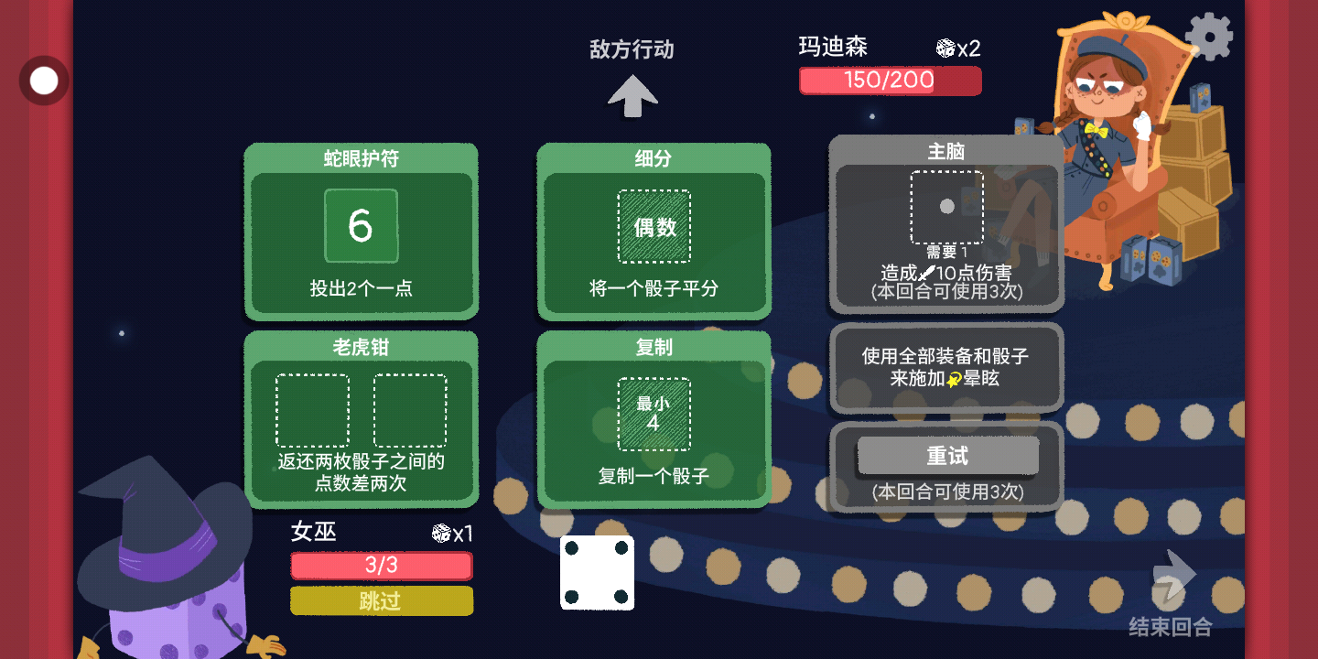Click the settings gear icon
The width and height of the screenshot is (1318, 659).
(1209, 37)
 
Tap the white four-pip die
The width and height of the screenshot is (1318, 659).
(597, 573)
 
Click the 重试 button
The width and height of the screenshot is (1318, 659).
(947, 456)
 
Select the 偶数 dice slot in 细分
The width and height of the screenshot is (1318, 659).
(654, 227)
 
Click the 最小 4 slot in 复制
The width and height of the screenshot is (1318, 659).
(654, 415)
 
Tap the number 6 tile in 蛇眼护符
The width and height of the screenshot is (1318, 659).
(361, 226)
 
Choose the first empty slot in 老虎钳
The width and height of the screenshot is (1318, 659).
(312, 410)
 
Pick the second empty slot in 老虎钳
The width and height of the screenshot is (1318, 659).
(410, 410)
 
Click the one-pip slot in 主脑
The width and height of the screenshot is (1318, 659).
(946, 207)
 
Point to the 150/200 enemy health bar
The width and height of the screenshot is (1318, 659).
(890, 81)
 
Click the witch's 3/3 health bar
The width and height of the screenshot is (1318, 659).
(381, 566)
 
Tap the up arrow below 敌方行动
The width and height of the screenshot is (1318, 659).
(632, 96)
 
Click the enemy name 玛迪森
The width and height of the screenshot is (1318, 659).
(833, 47)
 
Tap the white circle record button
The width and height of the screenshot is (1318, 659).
(44, 81)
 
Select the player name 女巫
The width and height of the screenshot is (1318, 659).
(313, 532)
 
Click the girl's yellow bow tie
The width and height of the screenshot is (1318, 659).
(1097, 130)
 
